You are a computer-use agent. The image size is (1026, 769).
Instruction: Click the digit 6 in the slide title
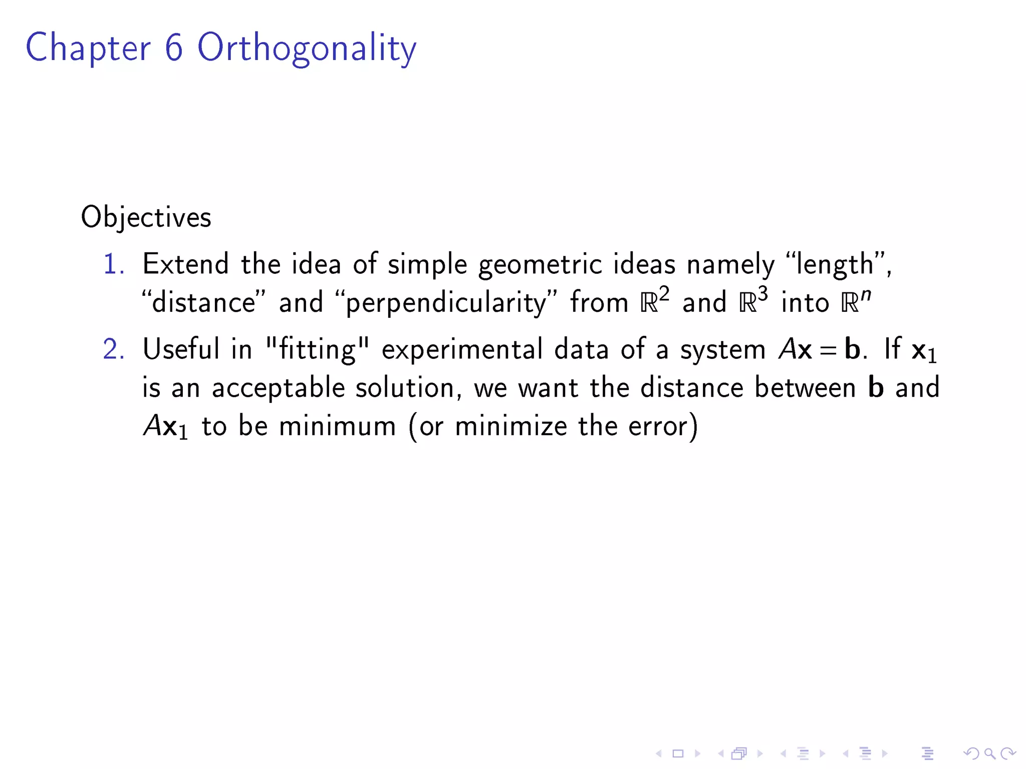coord(174,48)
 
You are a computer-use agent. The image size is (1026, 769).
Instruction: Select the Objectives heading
coord(146,217)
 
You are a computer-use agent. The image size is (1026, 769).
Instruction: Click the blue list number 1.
coord(113,264)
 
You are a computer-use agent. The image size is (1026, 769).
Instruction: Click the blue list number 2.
coord(113,349)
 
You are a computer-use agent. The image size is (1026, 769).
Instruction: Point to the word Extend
coord(185,264)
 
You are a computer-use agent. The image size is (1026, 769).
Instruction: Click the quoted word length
coord(834,264)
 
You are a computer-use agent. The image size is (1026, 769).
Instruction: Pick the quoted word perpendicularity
coord(445,303)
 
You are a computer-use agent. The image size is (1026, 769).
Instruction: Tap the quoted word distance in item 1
coord(203,303)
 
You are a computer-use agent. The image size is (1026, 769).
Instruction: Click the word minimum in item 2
coord(337,426)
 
